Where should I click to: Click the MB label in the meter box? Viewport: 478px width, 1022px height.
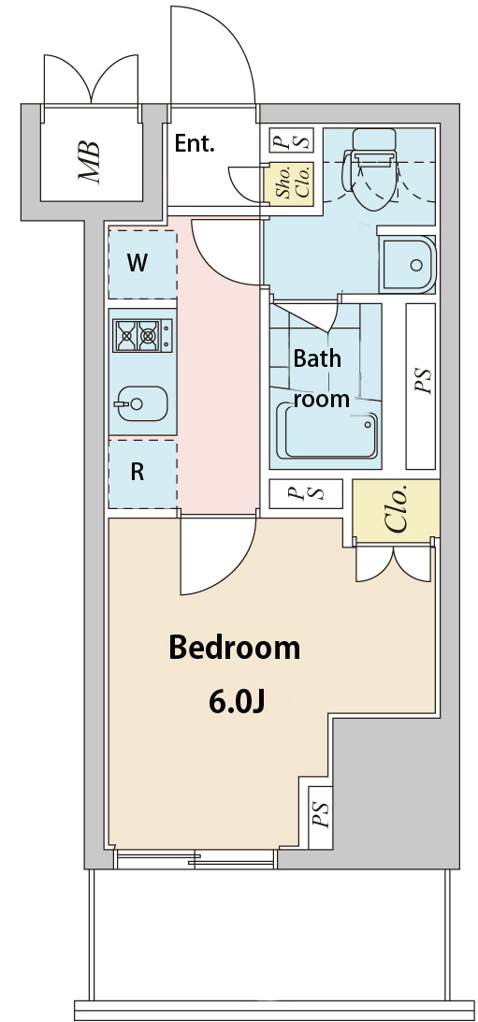coord(89,161)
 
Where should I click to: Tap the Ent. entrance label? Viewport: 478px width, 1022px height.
coord(194,144)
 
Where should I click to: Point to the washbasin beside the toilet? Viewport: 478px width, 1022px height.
coord(407,264)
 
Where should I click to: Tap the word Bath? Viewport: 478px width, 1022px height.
coord(317,358)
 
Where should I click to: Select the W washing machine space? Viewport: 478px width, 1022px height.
coord(142,263)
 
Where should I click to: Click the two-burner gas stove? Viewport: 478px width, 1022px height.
coord(142,336)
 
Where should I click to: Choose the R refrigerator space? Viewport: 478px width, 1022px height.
coord(142,474)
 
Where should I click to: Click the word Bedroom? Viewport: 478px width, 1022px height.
coord(235,648)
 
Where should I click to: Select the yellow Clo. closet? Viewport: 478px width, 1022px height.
coord(396,508)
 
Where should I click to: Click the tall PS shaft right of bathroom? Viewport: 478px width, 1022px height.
coord(420,386)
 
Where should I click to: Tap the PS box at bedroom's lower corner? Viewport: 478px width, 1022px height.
coord(320,817)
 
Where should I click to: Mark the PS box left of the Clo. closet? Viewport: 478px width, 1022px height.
coord(306,493)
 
